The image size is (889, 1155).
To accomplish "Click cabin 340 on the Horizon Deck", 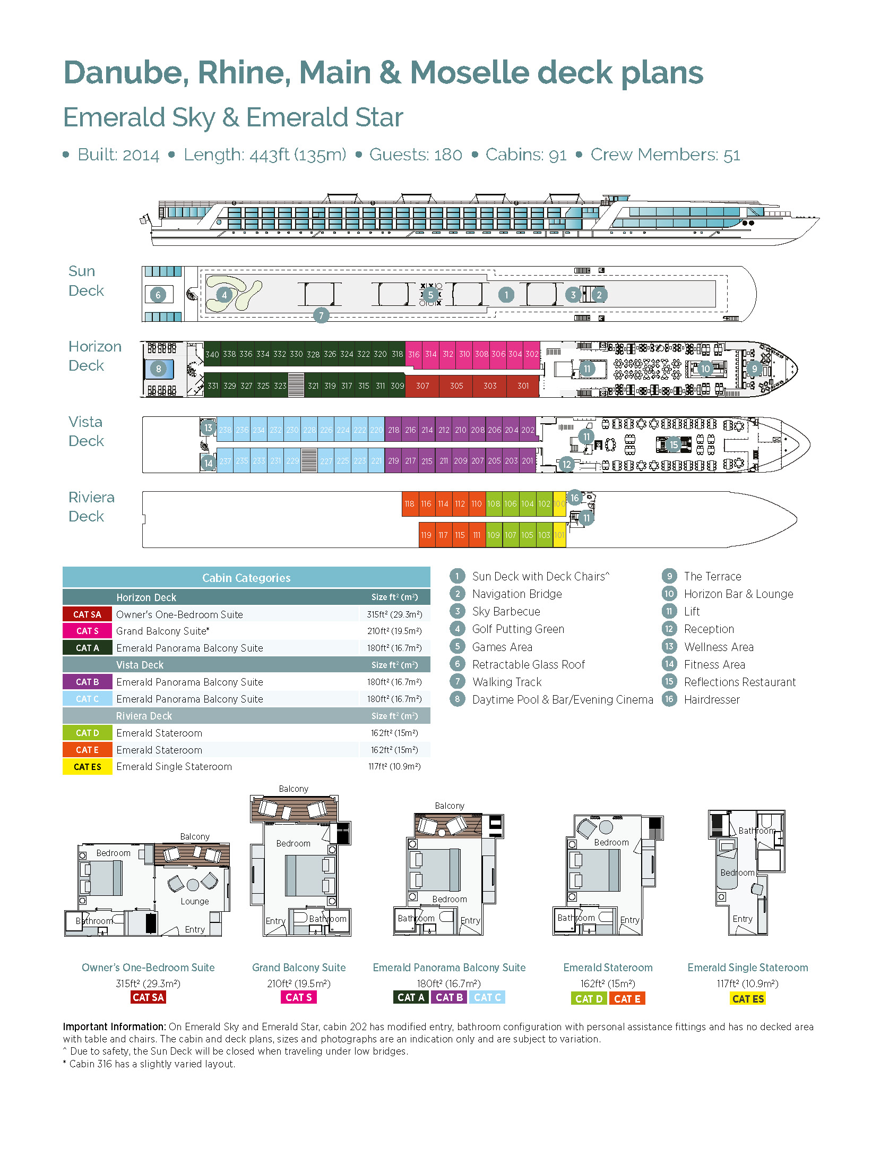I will point(212,354).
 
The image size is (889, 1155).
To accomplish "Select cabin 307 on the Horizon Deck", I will point(422,386).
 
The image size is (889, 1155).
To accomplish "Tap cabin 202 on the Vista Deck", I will point(528,430).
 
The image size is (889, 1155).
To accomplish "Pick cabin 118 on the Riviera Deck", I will point(409,504).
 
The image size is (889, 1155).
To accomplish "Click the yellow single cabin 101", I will point(559,535).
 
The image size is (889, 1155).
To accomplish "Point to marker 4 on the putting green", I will point(224,295).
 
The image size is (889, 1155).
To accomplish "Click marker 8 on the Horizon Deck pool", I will point(158,369).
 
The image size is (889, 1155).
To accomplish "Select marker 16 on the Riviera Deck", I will point(574,498).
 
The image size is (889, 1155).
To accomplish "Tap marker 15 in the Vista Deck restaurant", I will point(674,444).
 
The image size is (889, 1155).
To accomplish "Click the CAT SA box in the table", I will point(87,614).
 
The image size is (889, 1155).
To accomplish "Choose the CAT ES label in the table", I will point(87,767).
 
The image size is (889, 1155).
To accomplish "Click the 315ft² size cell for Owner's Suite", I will point(394,614).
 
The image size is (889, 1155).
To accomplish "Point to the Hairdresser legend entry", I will point(711,700).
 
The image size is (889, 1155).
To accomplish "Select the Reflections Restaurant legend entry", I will point(739,682).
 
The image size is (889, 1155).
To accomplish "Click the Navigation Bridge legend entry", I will point(516,594).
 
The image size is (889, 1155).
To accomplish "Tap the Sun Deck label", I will point(86,281).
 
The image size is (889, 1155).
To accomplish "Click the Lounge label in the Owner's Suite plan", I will point(194,901).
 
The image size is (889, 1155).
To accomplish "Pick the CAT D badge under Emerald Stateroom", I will point(589,999).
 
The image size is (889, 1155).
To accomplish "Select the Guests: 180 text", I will point(415,155).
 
